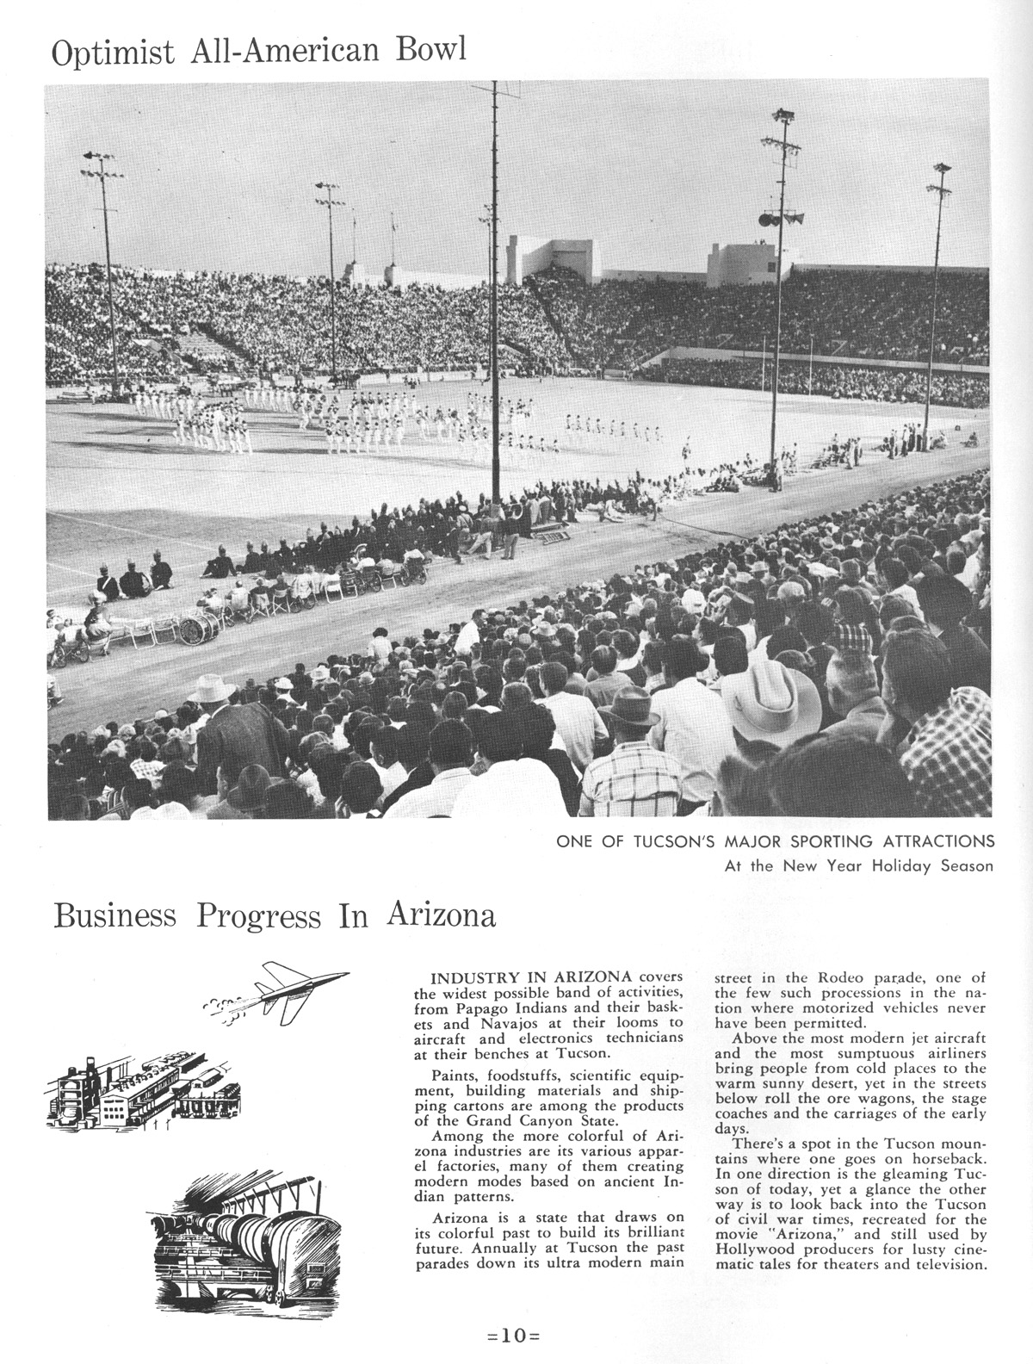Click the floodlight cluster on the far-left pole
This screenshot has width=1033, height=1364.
click(97, 164)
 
